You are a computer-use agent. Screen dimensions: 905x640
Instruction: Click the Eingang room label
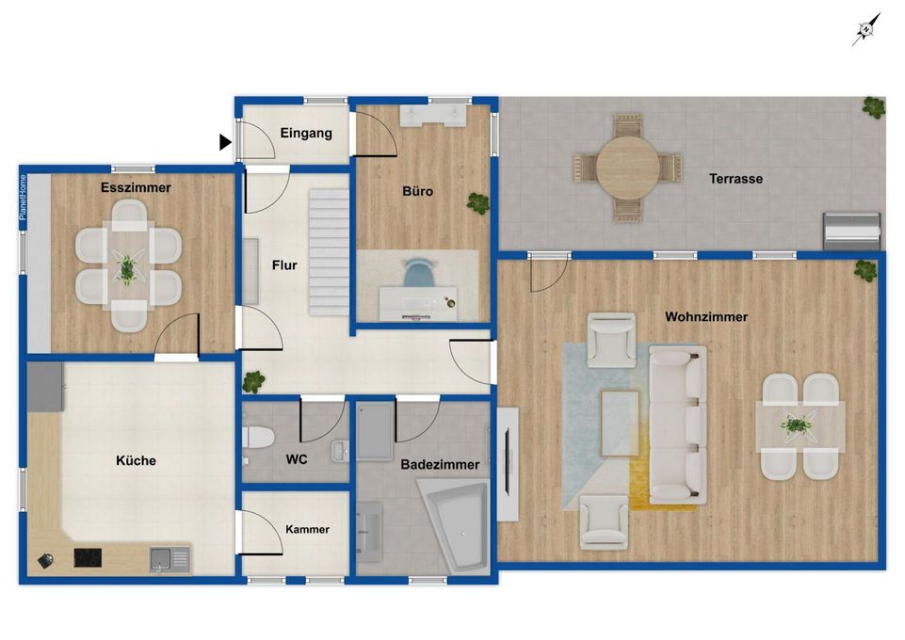point(306,134)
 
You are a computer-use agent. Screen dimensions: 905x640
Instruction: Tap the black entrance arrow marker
point(225,142)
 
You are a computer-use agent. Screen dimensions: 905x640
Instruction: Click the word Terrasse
point(735,179)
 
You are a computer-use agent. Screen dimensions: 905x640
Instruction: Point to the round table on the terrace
point(628,168)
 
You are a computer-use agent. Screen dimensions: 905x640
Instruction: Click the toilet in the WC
point(257,438)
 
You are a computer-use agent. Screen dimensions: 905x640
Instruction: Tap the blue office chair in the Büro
point(418,273)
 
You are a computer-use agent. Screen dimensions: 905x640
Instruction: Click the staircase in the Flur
point(329,252)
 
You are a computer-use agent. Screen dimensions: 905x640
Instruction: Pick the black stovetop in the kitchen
point(88,557)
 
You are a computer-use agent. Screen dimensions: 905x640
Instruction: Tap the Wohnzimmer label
point(706,316)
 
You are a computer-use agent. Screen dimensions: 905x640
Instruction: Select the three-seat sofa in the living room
point(678,424)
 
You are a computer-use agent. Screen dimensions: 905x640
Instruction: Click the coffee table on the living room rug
point(620,423)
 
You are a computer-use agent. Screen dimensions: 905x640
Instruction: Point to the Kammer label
point(307,529)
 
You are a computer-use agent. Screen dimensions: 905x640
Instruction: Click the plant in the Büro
point(477,203)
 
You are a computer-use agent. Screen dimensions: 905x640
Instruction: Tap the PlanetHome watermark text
point(24,198)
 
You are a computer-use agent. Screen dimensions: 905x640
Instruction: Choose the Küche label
point(136,460)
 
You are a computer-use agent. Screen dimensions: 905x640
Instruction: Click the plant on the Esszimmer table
point(126,268)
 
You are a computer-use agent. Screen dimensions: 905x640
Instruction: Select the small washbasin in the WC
point(341,452)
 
